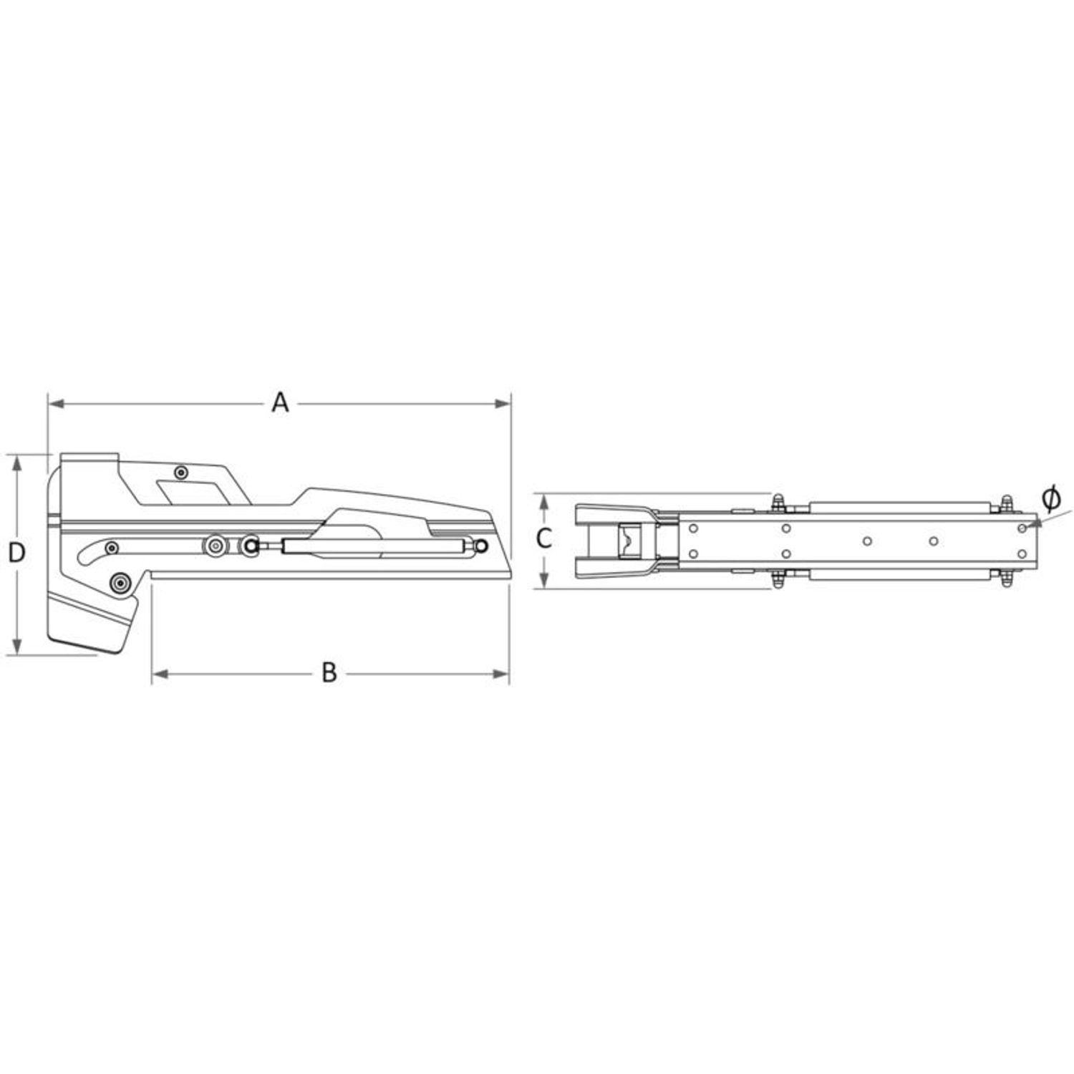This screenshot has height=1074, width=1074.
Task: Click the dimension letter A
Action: tap(280, 403)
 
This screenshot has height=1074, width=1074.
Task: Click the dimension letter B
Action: tap(329, 673)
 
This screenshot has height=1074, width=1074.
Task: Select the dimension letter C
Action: tap(544, 538)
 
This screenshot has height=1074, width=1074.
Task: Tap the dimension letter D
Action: tap(16, 553)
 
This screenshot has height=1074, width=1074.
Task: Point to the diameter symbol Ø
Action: tap(1050, 499)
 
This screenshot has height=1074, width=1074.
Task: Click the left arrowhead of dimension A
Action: tap(56, 405)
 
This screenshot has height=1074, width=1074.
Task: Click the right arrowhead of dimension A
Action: tap(503, 405)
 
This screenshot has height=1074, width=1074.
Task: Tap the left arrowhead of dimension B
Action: tap(160, 674)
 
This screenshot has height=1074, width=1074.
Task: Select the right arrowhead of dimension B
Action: tap(500, 674)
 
